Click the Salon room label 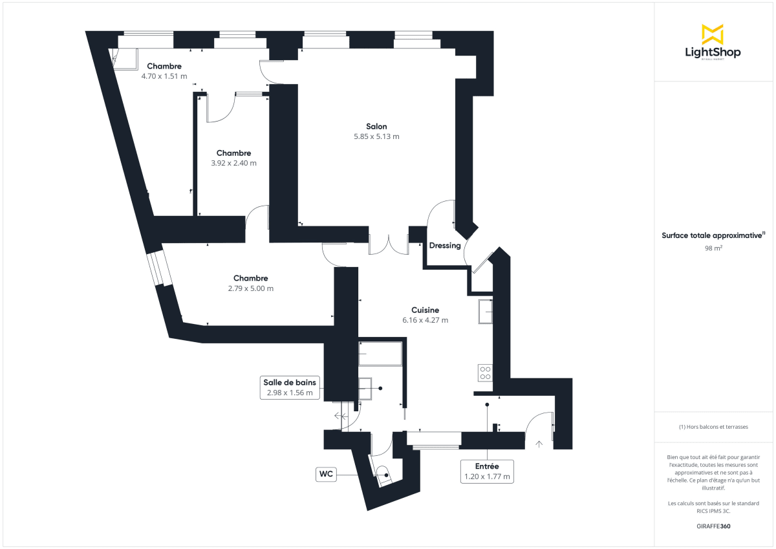(x=376, y=127)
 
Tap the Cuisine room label (x=425, y=310)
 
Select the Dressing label (x=445, y=246)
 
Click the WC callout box (x=326, y=475)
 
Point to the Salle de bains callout (x=290, y=387)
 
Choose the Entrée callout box (x=486, y=471)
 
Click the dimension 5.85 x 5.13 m (x=376, y=136)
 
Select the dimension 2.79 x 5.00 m (x=250, y=288)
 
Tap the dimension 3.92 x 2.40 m (x=233, y=163)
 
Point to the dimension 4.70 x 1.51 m (x=164, y=76)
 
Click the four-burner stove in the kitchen (x=484, y=372)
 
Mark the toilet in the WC (x=383, y=475)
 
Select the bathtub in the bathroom (x=380, y=354)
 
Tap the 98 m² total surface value (x=713, y=248)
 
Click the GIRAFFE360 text (x=713, y=526)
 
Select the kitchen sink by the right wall (x=486, y=312)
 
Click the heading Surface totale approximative (x=713, y=236)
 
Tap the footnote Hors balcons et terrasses (x=713, y=427)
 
